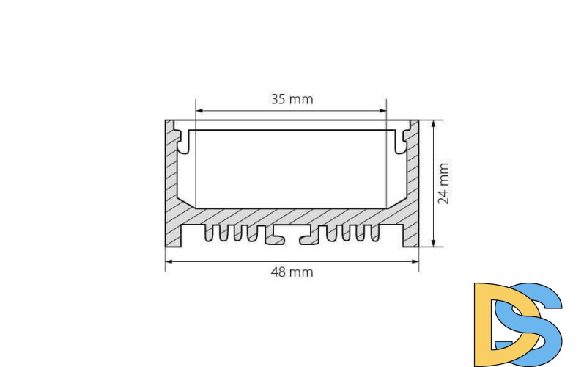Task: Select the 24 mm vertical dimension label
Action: click(x=443, y=183)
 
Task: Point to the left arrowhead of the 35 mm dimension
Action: click(x=199, y=112)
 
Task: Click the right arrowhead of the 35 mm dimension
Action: click(x=382, y=112)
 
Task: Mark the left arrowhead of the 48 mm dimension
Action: click(x=169, y=260)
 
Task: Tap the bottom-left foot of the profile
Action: click(x=173, y=236)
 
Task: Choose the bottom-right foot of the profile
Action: click(x=410, y=236)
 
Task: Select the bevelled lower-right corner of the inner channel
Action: click(x=396, y=202)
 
